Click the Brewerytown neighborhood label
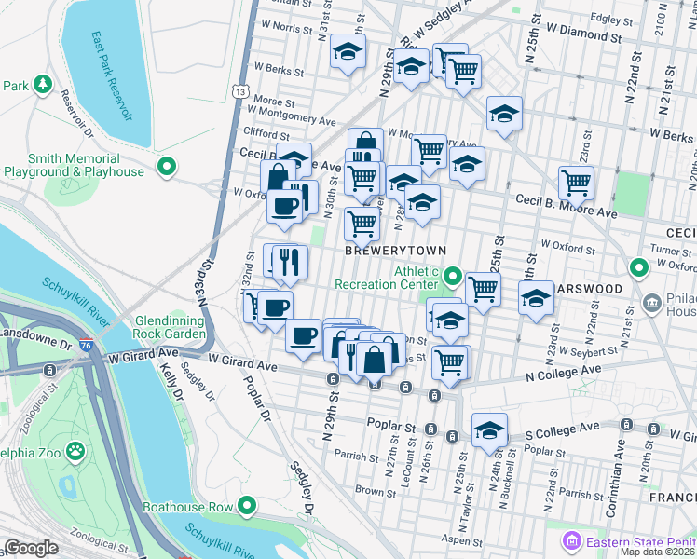pos(396,252)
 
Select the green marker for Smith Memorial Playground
pos(167,168)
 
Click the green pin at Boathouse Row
pos(246,506)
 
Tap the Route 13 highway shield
pos(241,92)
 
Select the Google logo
pos(32,548)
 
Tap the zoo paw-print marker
pos(75,453)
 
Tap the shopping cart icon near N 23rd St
pos(576,184)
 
